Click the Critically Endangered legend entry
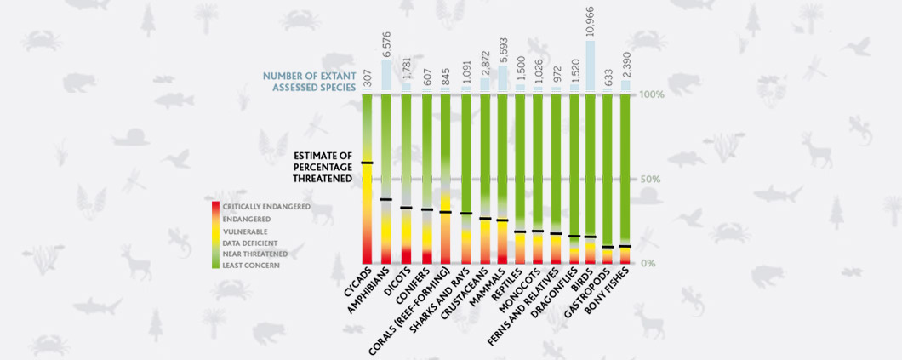pos(266,207)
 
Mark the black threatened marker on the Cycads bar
pos(368,163)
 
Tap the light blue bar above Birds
pos(591,63)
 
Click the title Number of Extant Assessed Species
pos(309,82)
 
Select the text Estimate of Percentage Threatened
pos(323,166)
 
